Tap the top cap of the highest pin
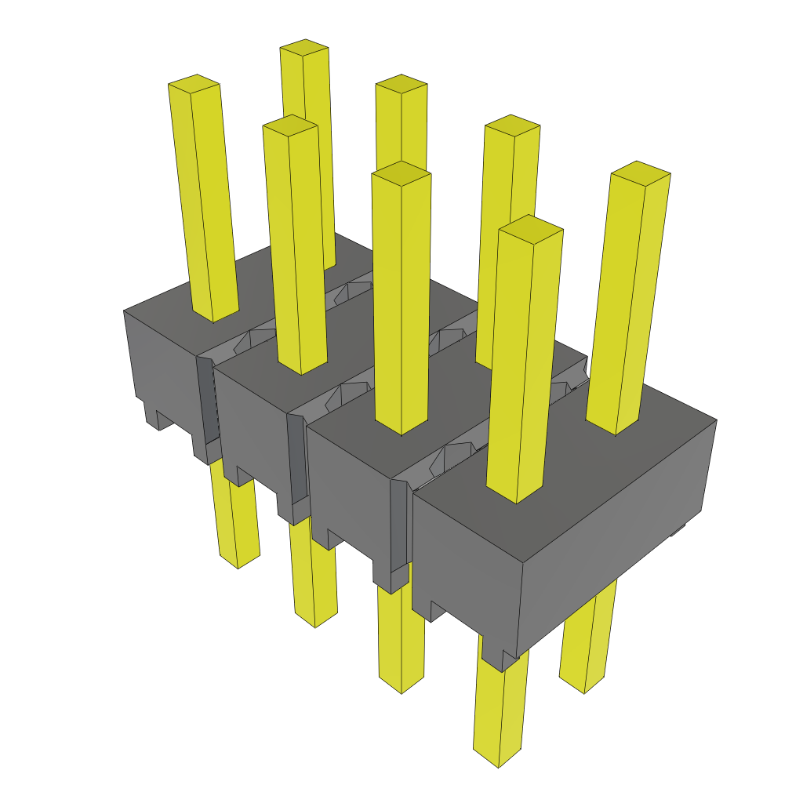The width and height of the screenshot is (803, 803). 304,48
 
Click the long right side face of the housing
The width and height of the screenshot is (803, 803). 620,518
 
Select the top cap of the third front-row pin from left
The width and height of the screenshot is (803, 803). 401,173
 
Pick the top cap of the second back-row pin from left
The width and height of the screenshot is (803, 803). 401,84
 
